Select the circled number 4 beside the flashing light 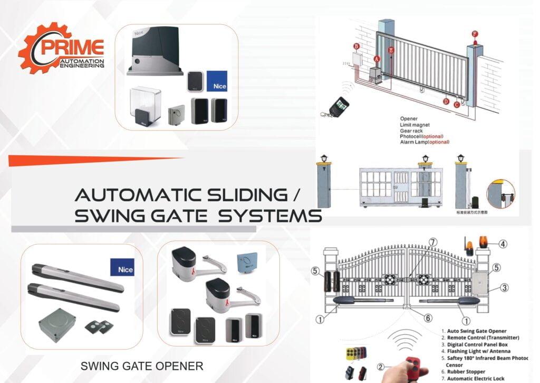[x=503, y=244]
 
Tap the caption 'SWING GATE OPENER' [x=141, y=365]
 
